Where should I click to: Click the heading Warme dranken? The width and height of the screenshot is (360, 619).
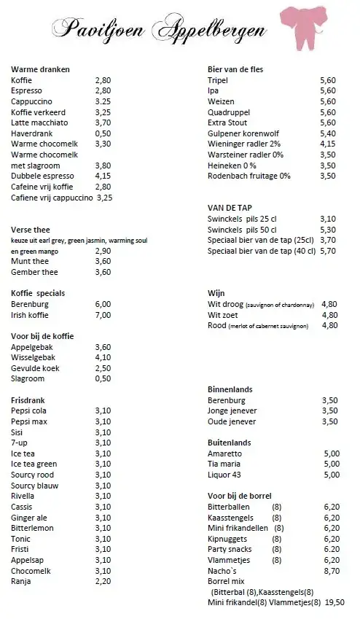40,69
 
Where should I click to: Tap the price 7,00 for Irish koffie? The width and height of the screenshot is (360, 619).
103,315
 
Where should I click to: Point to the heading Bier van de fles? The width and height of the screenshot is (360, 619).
235,69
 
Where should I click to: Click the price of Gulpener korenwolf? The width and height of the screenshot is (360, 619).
328,133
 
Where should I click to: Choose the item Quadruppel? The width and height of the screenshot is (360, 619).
231,112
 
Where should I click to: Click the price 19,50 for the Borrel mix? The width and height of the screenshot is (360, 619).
334,603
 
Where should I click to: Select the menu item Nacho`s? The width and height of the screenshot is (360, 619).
222,571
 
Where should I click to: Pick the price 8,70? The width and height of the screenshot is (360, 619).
332,571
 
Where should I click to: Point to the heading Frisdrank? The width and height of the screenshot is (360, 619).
30,400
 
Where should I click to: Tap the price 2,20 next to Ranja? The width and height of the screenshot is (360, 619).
103,582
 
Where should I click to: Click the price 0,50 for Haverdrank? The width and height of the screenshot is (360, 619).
103,133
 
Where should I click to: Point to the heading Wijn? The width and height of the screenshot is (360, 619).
217,293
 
